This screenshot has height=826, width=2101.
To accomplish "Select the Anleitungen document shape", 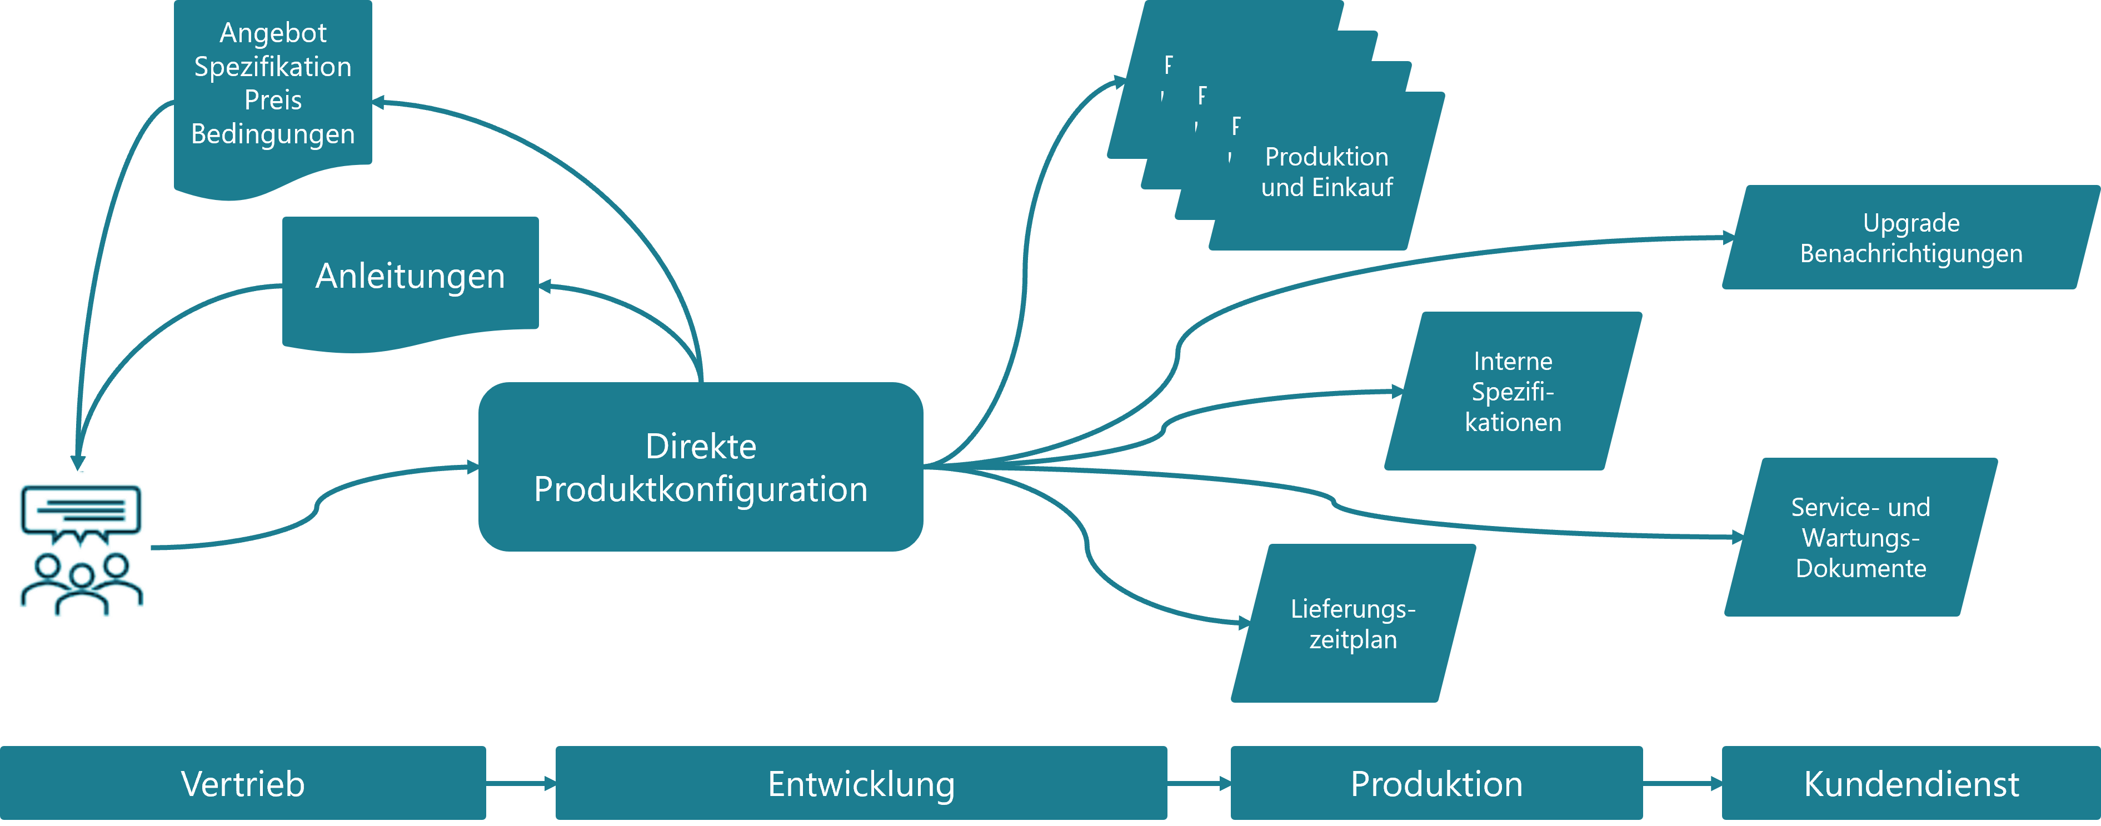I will (410, 277).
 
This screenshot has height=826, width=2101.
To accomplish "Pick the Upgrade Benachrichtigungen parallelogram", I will (1910, 238).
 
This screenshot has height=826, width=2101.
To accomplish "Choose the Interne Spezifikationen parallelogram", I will (1513, 392).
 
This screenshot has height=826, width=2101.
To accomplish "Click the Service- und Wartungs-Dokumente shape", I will (1860, 537).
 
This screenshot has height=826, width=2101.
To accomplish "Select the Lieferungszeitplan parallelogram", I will (1353, 624).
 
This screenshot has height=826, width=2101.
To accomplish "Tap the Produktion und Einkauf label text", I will (1327, 172).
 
